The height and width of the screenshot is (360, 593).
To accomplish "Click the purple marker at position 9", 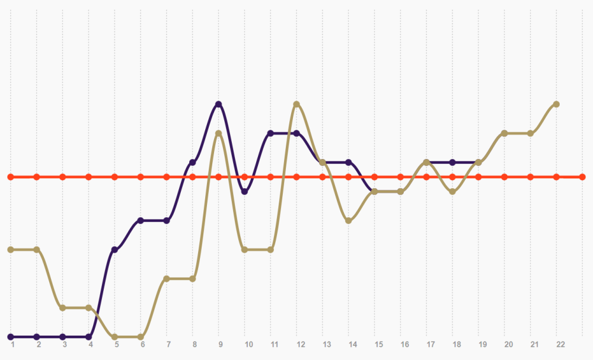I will pyautogui.click(x=219, y=104).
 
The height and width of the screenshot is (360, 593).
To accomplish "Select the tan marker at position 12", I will pyautogui.click(x=296, y=104).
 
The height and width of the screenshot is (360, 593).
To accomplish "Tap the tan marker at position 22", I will pyautogui.click(x=556, y=104).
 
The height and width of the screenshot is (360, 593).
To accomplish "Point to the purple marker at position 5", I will pyautogui.click(x=114, y=250).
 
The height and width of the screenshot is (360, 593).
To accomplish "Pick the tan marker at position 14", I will pyautogui.click(x=349, y=221).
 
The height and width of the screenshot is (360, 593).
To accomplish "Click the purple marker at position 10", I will pyautogui.click(x=244, y=192).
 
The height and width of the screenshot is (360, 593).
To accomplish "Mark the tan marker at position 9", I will pyautogui.click(x=219, y=133).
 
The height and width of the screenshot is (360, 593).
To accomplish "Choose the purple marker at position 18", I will pyautogui.click(x=452, y=163).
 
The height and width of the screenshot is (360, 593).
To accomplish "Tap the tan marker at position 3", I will pyautogui.click(x=62, y=308).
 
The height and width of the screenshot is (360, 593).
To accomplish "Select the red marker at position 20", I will pyautogui.click(x=505, y=177).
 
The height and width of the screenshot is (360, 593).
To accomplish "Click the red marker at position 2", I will pyautogui.click(x=37, y=177).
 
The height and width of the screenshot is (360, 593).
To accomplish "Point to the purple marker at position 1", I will pyautogui.click(x=11, y=337).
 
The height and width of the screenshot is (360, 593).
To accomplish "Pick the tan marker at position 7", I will pyautogui.click(x=167, y=279).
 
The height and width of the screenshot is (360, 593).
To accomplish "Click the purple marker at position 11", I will pyautogui.click(x=270, y=133).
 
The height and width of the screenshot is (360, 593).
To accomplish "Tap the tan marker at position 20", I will pyautogui.click(x=505, y=133).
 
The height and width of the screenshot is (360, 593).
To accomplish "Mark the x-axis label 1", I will pyautogui.click(x=12, y=344).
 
